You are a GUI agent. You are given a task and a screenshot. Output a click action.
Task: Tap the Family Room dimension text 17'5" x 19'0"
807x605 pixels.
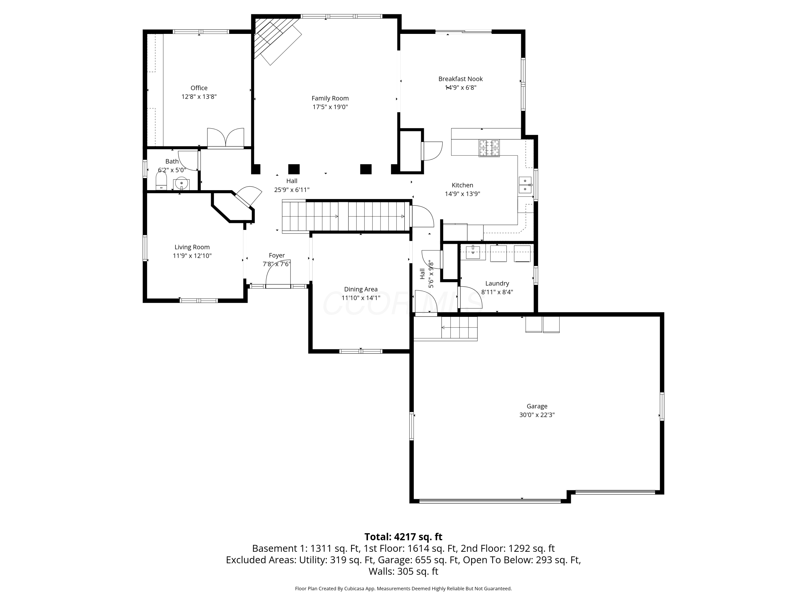pos(330,107)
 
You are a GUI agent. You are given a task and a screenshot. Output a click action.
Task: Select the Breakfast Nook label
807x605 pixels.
pos(461,79)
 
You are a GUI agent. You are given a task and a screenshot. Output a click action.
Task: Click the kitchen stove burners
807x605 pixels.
pos(489,148)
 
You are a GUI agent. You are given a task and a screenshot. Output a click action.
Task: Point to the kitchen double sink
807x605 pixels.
pos(525,185)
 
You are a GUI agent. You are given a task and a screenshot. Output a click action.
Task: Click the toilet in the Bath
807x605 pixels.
pos(161,181)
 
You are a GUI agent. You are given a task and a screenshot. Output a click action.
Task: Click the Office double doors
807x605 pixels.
pos(225,138)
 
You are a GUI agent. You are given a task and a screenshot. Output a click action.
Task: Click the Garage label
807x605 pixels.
pos(537,406)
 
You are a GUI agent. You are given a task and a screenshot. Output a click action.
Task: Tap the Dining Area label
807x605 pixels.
pos(361,289)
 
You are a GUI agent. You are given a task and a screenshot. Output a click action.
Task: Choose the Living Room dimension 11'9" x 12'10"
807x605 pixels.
pos(192,256)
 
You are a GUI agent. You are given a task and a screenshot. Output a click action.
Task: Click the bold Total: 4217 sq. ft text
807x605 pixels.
pos(403,537)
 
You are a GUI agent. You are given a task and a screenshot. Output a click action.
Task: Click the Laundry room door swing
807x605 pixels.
pos(470,297)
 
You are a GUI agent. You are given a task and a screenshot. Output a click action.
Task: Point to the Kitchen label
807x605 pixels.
pos(462,185)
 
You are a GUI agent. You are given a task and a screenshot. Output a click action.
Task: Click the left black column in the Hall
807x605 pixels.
pos(294,169)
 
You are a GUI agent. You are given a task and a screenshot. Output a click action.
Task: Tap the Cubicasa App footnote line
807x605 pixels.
pos(403,588)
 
